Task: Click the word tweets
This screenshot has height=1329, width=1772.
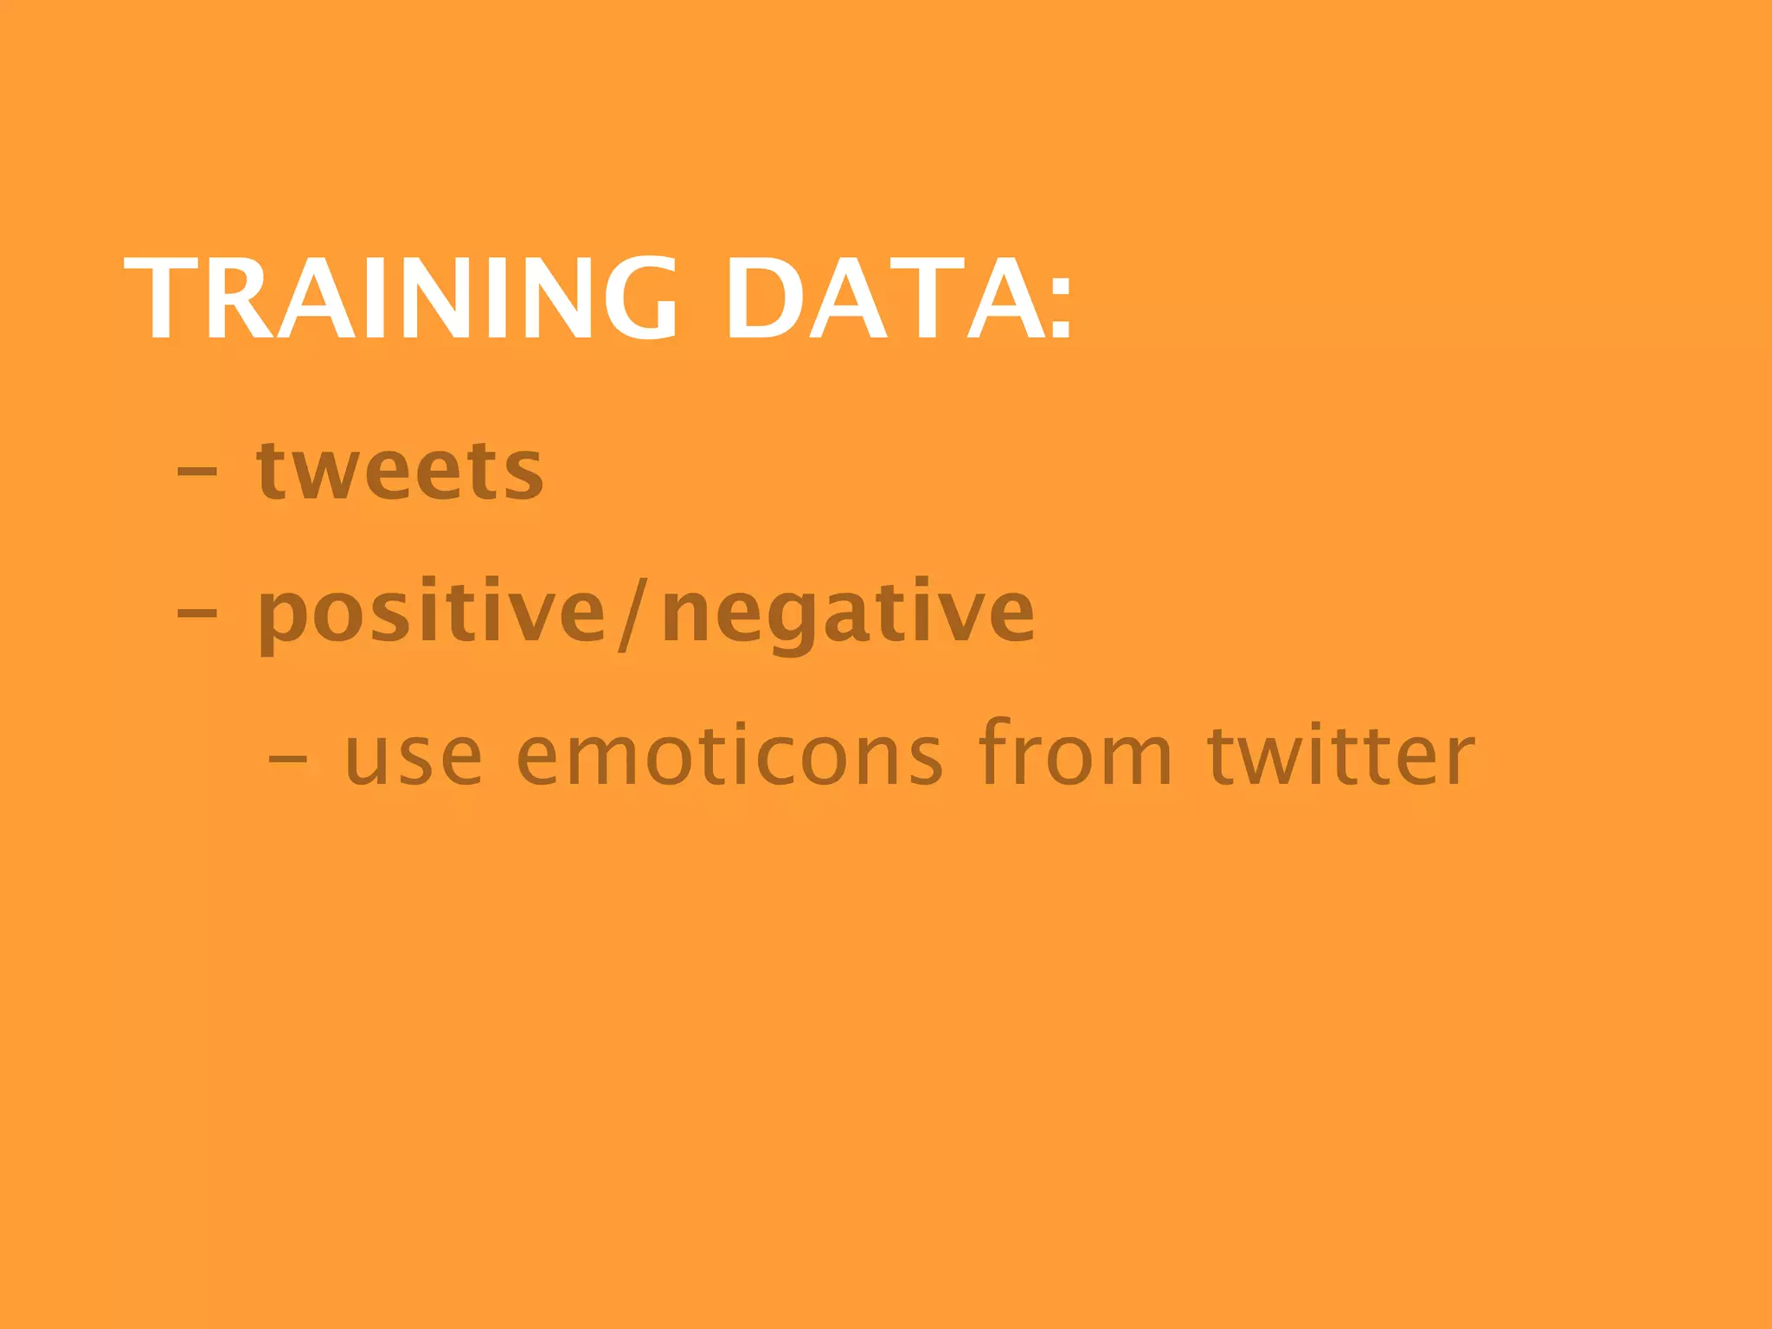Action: pyautogui.click(x=400, y=472)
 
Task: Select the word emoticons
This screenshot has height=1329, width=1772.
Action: pyautogui.click(x=729, y=757)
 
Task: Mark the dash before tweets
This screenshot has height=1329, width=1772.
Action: pyautogui.click(x=196, y=472)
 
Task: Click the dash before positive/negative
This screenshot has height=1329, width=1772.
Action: pyautogui.click(x=196, y=613)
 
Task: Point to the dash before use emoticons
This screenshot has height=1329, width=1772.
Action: pyautogui.click(x=287, y=758)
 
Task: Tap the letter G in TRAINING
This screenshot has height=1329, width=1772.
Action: pyautogui.click(x=640, y=299)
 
